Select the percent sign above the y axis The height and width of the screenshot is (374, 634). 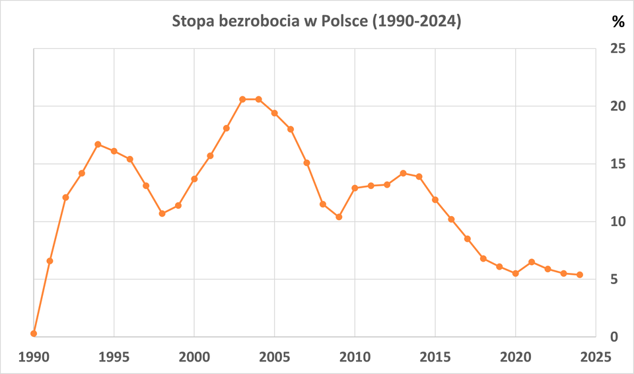coord(617,22)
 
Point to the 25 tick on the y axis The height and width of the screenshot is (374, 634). coord(617,48)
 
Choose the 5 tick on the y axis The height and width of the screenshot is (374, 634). coord(614,280)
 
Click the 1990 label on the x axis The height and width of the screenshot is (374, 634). coord(34,357)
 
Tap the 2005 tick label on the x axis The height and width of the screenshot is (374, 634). coord(275,357)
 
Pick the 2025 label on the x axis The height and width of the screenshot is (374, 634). coord(596,357)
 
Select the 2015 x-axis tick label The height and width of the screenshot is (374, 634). coord(435,357)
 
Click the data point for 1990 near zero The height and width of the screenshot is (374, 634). coord(34,334)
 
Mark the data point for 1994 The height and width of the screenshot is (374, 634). coord(98,144)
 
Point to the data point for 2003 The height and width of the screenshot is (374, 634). coord(242,99)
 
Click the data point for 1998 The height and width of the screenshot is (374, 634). coord(162,213)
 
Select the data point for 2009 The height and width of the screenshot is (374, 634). coord(339,217)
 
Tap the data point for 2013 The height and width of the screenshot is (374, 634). coord(403,173)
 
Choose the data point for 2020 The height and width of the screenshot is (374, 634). coord(515,274)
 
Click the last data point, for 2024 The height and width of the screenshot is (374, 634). coord(580,275)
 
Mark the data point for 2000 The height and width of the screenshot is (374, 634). coord(194,179)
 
